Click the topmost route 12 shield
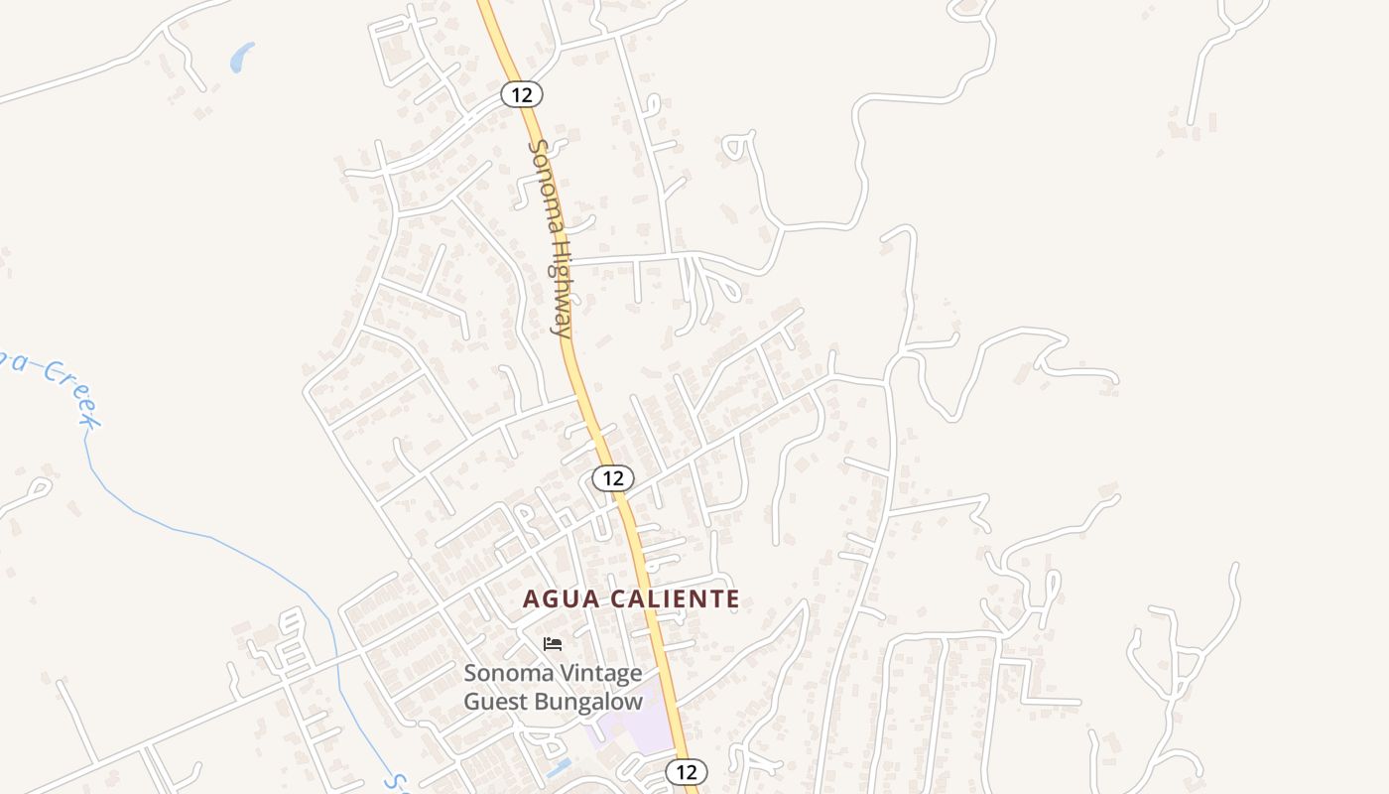coord(521,94)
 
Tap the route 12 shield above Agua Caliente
coord(613,477)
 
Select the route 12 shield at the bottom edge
coord(686,771)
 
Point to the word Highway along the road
coord(562,289)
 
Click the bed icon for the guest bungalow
coord(553,643)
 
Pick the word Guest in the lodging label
coord(496,701)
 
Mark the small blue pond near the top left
coord(241,58)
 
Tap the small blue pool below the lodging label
coord(558,767)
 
